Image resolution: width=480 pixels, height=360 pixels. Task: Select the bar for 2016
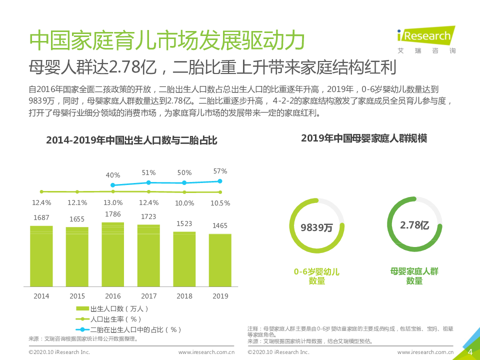coord(113,254)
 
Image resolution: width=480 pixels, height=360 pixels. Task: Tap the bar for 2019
coord(220,260)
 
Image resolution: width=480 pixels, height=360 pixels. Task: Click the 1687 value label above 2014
coord(41,217)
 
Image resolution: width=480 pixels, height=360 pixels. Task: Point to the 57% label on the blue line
coord(220,171)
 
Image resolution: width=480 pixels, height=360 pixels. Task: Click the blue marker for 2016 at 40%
coord(113,185)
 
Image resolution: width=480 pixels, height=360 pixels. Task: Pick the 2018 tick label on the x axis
coord(184,296)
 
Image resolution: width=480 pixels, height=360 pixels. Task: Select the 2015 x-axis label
coord(77,296)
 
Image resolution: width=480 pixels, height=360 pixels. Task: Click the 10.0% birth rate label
coord(184,203)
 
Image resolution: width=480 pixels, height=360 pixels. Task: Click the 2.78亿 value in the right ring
coord(414,225)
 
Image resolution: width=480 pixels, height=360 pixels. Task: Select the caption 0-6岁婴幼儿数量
coord(316,276)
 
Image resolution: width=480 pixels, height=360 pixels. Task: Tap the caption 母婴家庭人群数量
coord(414,276)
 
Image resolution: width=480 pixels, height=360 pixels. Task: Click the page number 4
coord(469,352)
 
